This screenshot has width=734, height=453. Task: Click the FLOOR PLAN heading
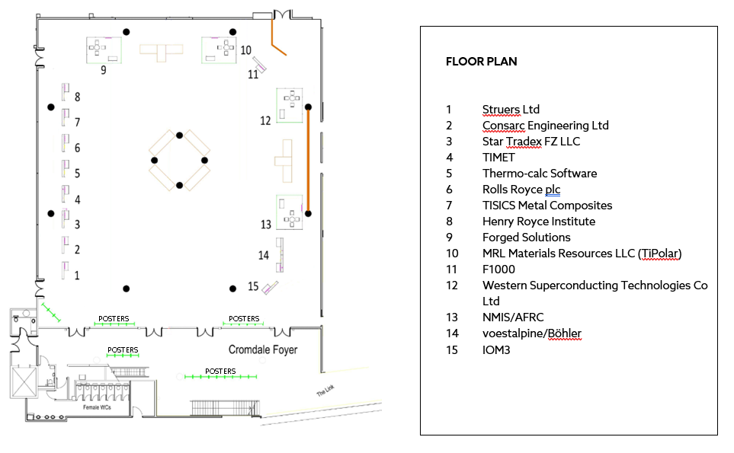pos(481,62)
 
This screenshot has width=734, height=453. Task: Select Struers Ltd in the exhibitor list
pos(511,110)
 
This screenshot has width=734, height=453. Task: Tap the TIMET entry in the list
pos(498,158)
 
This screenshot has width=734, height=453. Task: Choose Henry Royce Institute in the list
pos(538,222)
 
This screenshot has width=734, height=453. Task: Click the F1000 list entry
pos(498,270)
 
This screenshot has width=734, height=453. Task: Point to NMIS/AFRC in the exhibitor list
pos(513,317)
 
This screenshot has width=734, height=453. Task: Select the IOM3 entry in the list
pos(497,349)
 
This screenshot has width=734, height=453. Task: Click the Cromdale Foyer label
pos(263,350)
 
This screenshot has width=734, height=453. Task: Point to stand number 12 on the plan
pos(265,120)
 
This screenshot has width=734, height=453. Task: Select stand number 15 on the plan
pos(253,287)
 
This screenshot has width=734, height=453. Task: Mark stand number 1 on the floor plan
pos(76,276)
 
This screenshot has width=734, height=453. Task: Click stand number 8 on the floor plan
pos(77,97)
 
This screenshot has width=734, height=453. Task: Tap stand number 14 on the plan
pos(263,255)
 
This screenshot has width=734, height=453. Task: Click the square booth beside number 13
pos(290,212)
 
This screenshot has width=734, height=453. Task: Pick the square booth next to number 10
pos(218,50)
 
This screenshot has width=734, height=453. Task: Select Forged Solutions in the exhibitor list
pos(526,238)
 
